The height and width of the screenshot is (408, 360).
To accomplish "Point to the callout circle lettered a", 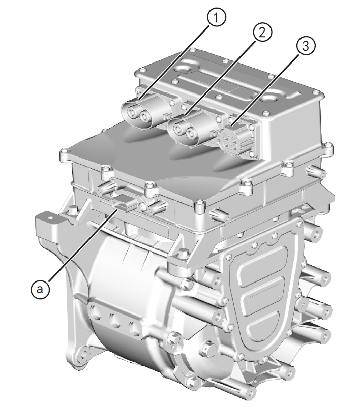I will pos(40,289).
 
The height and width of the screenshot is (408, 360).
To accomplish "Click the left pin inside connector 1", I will pos(131,110).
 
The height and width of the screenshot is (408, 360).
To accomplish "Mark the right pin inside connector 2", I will pos(192,134).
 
